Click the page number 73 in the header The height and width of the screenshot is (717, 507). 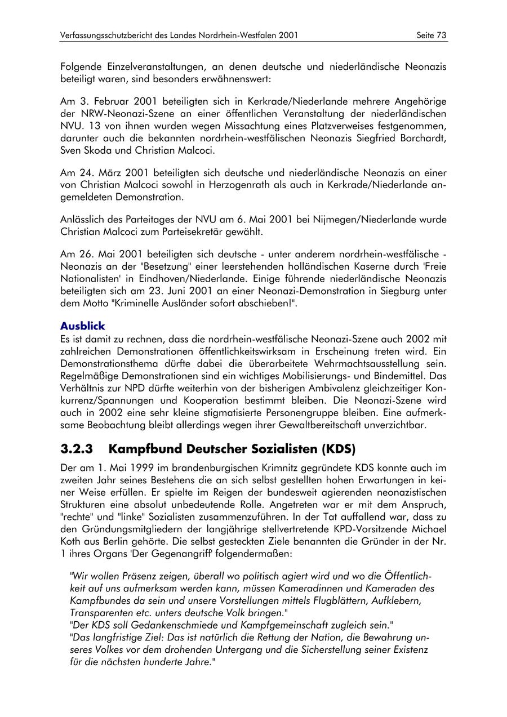click(x=441, y=35)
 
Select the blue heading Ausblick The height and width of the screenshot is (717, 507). click(x=82, y=326)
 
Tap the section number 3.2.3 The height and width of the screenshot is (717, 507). click(x=76, y=449)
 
